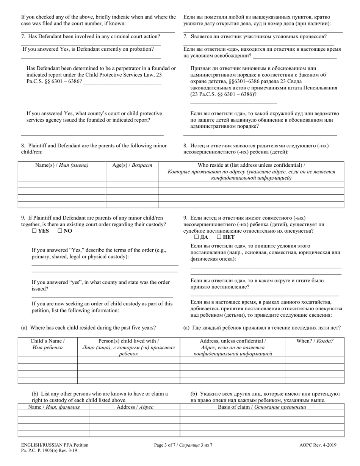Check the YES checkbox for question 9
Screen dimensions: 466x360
34,231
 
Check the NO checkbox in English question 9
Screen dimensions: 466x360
59,231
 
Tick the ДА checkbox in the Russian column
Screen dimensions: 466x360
196,237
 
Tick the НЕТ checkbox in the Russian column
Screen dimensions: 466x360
219,237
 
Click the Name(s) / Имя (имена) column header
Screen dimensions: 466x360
62,165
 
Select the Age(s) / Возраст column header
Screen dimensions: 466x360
132,165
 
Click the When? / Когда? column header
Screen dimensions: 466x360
315,341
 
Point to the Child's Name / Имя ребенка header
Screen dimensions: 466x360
47,344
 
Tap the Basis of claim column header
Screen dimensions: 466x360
262,407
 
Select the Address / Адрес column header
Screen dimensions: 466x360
135,407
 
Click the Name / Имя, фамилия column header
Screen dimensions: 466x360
54,407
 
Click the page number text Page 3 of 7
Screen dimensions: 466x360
183,446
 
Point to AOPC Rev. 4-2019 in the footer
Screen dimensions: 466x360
317,446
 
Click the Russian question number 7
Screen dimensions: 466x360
185,36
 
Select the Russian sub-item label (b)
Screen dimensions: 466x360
194,394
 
